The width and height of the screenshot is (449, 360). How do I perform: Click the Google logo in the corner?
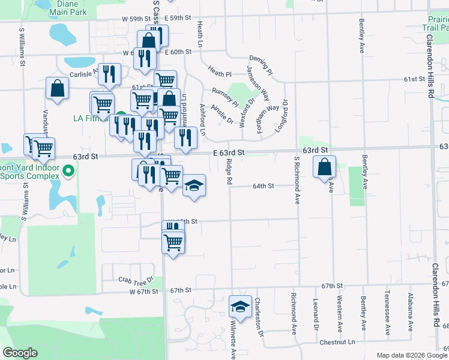point(20,353)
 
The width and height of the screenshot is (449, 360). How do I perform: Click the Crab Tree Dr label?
point(136,280)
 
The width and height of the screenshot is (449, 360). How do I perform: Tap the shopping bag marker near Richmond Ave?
point(324,166)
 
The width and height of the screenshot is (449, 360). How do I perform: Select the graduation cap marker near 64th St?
point(194,184)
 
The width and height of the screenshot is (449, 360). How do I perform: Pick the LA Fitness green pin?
point(121,116)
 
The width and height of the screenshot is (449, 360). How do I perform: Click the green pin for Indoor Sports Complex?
point(68,172)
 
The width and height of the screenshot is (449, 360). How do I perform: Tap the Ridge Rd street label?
point(229,172)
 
